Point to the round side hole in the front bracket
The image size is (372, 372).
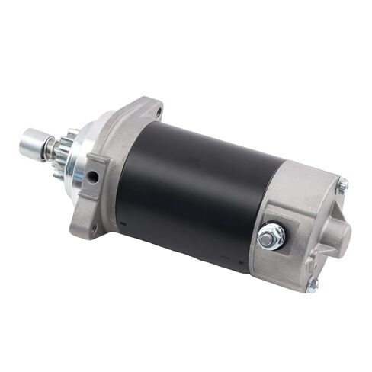click(92, 177)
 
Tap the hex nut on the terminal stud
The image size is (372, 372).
click(271, 237)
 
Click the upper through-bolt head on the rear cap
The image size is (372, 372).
click(343, 184)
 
